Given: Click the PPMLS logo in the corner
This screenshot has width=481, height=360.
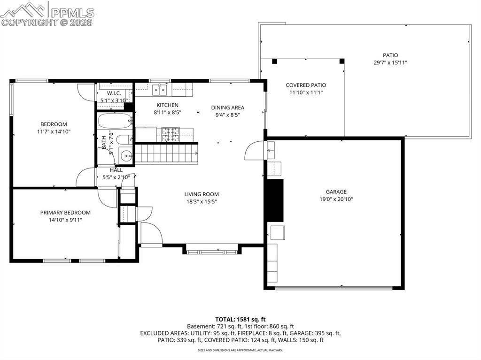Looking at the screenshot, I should (x=47, y=13).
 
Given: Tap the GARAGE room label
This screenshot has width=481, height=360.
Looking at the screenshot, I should (x=336, y=191).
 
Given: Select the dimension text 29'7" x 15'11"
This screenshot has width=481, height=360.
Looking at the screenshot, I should (x=390, y=62).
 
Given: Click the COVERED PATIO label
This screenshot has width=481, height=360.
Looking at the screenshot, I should (x=306, y=85).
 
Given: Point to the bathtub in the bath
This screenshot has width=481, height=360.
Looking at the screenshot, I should (x=115, y=122).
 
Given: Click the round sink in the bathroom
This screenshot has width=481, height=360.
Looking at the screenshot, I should (x=126, y=155).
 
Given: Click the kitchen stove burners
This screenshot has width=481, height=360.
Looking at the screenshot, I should (x=171, y=134).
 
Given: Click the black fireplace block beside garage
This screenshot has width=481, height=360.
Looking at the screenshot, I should (x=275, y=200).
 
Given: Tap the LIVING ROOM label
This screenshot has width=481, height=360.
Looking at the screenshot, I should (x=201, y=194).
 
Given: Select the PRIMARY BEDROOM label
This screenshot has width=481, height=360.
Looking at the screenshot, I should (x=65, y=213).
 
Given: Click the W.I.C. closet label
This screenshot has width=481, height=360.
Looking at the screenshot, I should (x=114, y=93).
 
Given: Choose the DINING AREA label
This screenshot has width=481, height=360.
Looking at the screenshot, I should (x=227, y=107).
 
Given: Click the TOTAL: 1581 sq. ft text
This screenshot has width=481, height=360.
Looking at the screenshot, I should (x=240, y=319).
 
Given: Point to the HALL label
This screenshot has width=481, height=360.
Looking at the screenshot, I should (x=116, y=170).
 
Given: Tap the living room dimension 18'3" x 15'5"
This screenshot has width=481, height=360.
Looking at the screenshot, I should (x=201, y=202).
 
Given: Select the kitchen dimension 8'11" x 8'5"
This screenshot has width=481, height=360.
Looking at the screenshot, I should (x=168, y=112).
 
